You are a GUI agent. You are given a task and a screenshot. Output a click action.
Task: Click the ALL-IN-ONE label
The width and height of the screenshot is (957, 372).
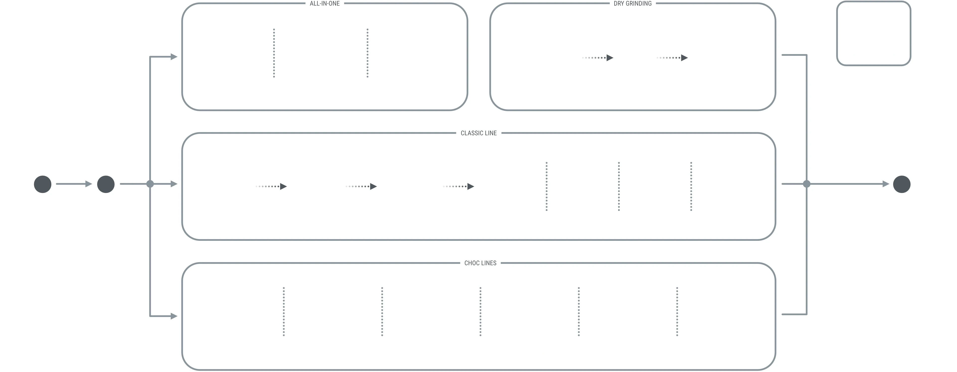[x=325, y=3]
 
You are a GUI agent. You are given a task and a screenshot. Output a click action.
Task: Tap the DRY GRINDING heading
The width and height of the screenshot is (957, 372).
[x=633, y=3]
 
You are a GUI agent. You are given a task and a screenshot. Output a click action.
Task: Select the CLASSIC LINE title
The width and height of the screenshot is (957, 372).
[x=478, y=133]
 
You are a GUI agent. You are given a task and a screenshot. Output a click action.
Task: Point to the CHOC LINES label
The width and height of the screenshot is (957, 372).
[x=480, y=263]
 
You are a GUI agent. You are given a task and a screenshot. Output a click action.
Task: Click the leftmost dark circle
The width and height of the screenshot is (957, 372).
[x=43, y=184]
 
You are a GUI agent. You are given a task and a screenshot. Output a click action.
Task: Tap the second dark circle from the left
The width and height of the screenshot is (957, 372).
[x=106, y=184]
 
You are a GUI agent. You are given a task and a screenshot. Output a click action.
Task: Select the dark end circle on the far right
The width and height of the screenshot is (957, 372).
[x=902, y=184]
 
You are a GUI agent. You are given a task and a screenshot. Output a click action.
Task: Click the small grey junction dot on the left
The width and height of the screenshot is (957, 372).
[x=150, y=184]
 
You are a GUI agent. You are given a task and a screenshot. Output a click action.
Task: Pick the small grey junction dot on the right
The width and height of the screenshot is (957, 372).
[x=806, y=184]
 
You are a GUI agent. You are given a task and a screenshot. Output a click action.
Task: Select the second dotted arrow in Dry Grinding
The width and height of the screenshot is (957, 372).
[x=672, y=58]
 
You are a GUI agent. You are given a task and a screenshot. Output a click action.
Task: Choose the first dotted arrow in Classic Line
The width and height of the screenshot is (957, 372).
[x=271, y=186]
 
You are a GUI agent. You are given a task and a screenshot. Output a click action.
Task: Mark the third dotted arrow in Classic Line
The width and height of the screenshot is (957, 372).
[x=459, y=186]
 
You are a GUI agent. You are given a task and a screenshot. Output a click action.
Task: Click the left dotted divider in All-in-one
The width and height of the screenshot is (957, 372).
[x=274, y=53]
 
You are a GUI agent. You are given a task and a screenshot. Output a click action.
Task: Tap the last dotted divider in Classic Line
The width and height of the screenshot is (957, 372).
[x=691, y=186]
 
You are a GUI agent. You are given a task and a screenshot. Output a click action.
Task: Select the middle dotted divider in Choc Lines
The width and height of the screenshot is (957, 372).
[x=480, y=311]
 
